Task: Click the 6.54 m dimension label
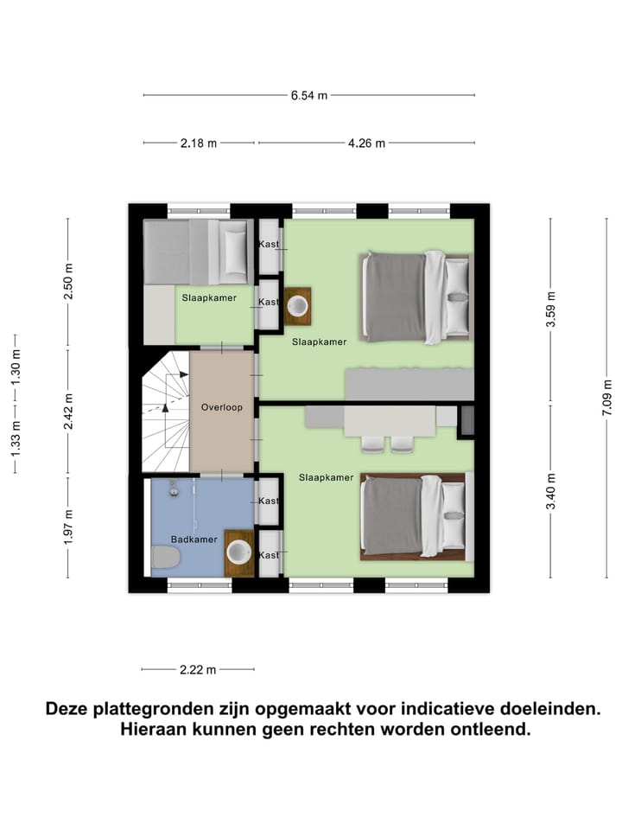[x=309, y=95]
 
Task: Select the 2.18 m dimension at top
[x=199, y=144]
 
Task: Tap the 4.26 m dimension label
[x=366, y=144]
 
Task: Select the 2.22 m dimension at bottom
[x=198, y=669]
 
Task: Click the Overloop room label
[x=222, y=406]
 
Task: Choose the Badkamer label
[x=194, y=539]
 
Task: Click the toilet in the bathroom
[x=164, y=559]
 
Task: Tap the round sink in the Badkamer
[x=239, y=552]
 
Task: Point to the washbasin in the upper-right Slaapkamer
[x=298, y=306]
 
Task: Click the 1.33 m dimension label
[x=15, y=450]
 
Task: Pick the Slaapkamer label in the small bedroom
[x=209, y=297]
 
